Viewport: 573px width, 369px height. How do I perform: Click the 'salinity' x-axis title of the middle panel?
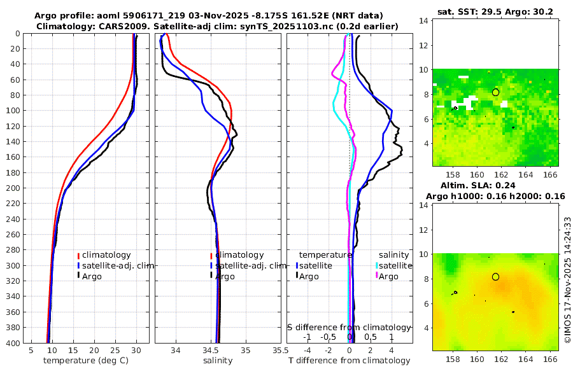[217, 361]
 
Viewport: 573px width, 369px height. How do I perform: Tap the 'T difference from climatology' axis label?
[350, 361]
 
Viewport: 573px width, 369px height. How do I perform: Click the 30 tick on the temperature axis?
[136, 350]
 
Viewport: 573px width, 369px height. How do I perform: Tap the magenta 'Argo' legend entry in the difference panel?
[388, 276]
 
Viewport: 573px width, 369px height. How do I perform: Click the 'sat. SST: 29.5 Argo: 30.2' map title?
[495, 12]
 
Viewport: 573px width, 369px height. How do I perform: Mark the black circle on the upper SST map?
[495, 92]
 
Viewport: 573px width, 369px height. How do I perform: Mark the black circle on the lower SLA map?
[495, 277]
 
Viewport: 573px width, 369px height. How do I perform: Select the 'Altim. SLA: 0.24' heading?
[495, 185]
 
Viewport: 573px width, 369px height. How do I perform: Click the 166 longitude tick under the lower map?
[551, 359]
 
